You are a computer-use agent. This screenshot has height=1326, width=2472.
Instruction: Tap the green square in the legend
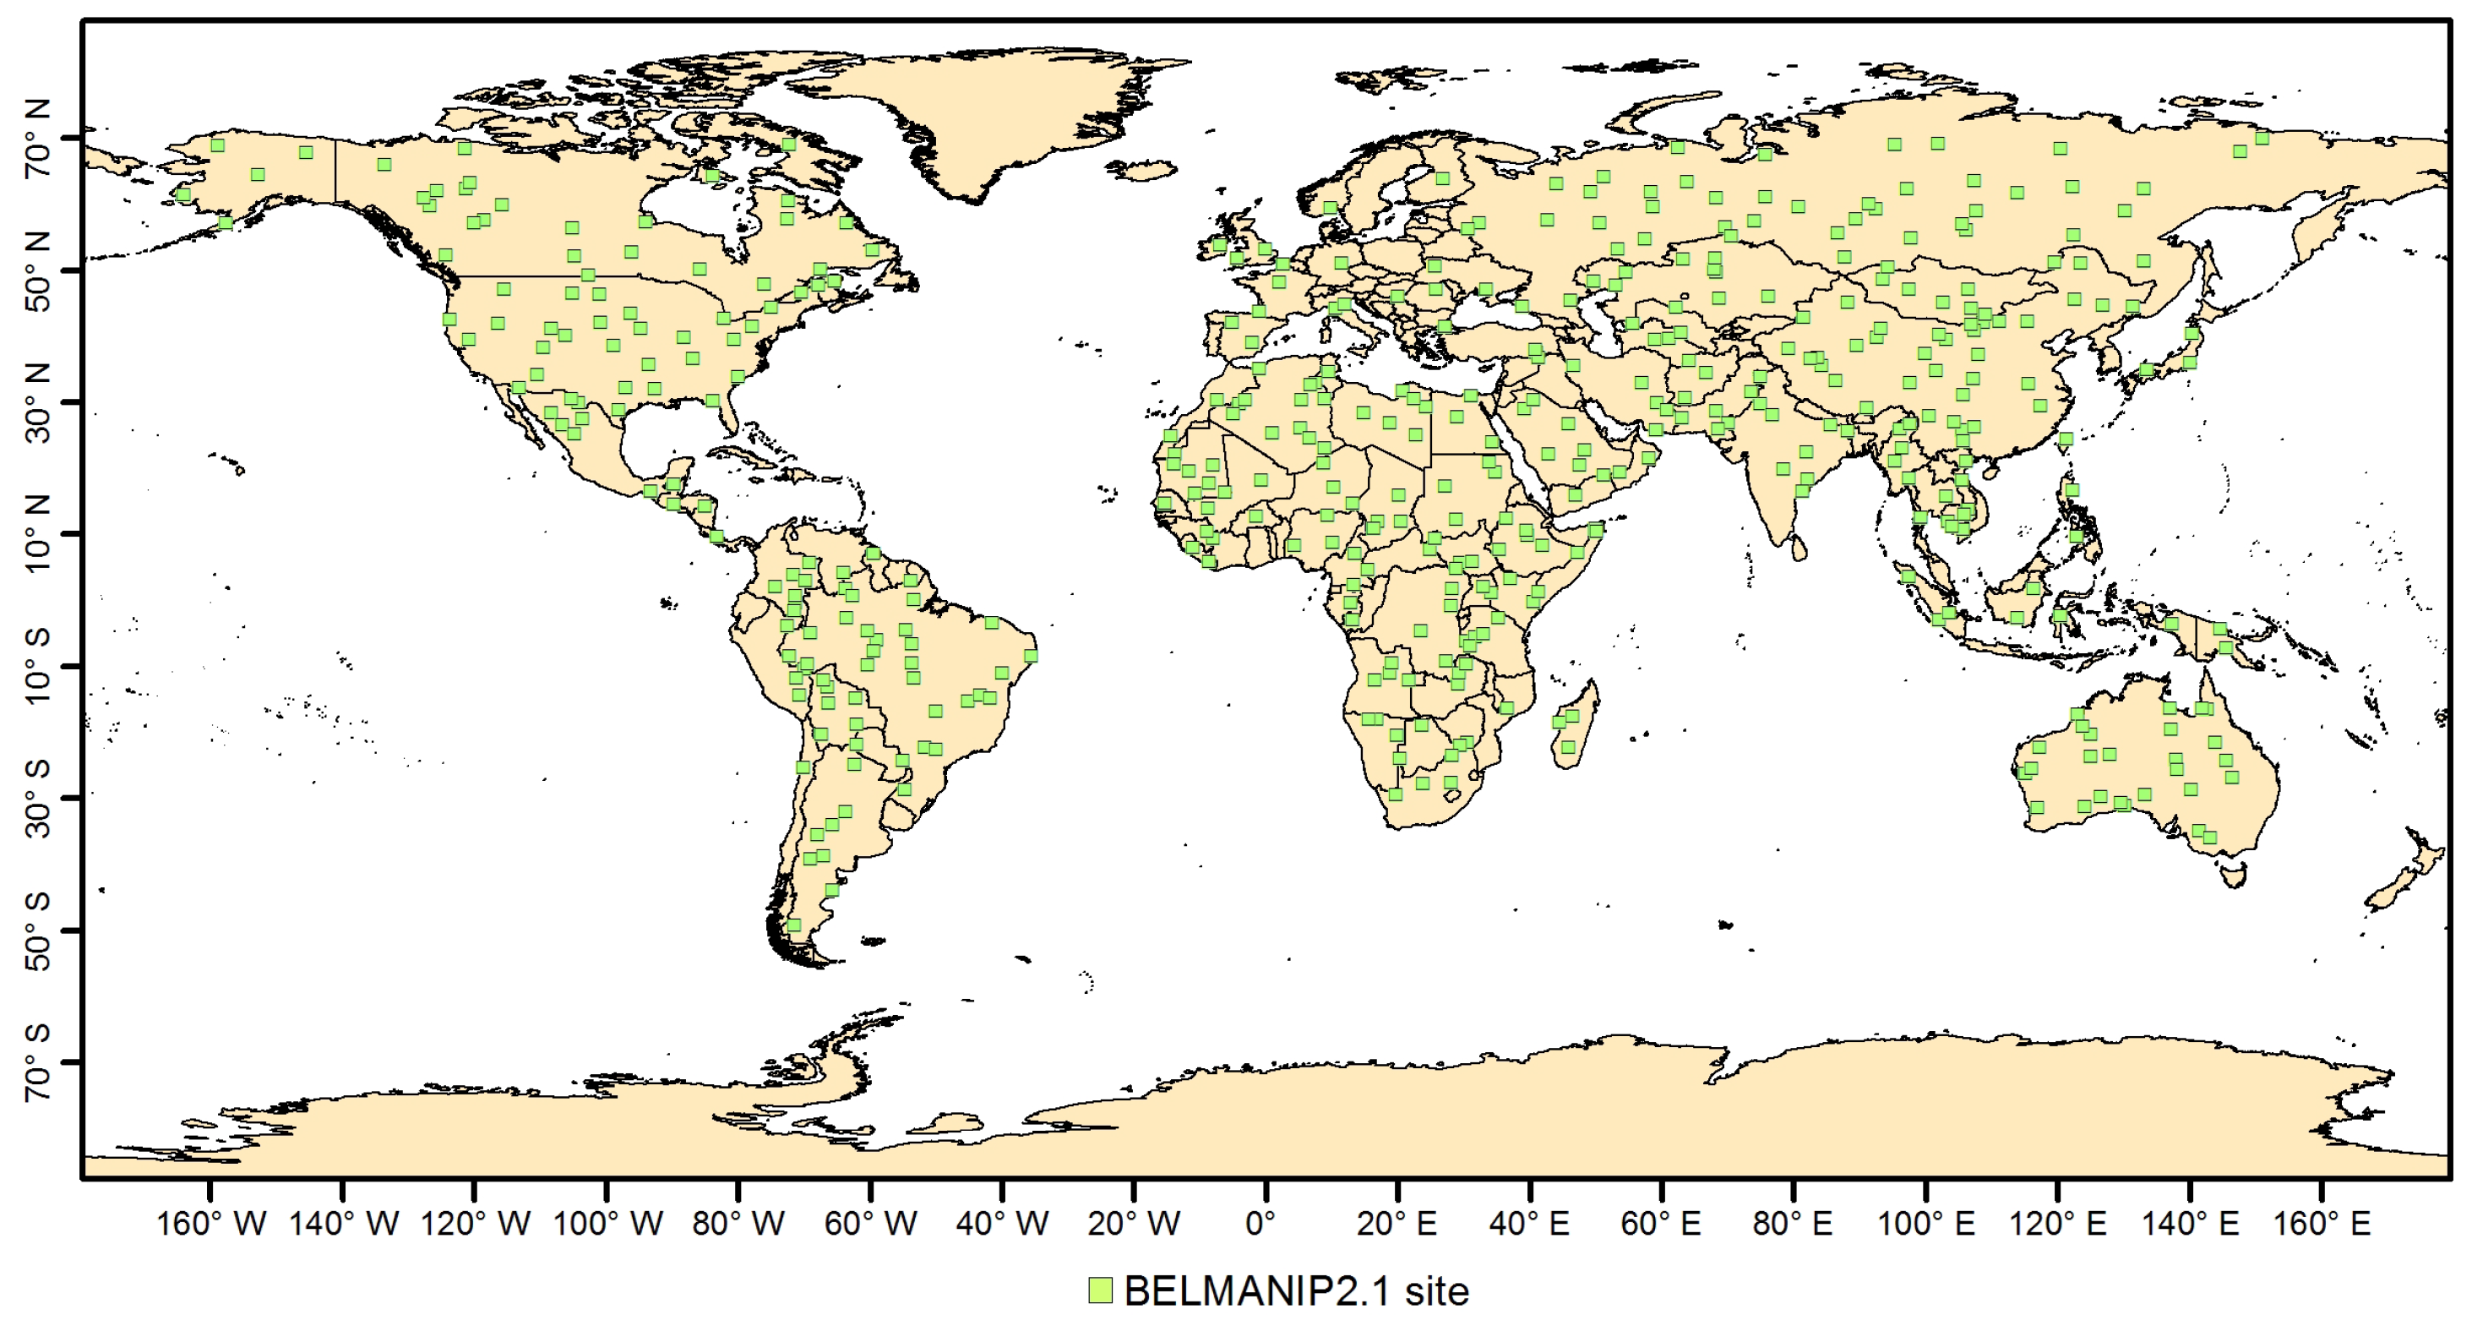tap(1100, 1291)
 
